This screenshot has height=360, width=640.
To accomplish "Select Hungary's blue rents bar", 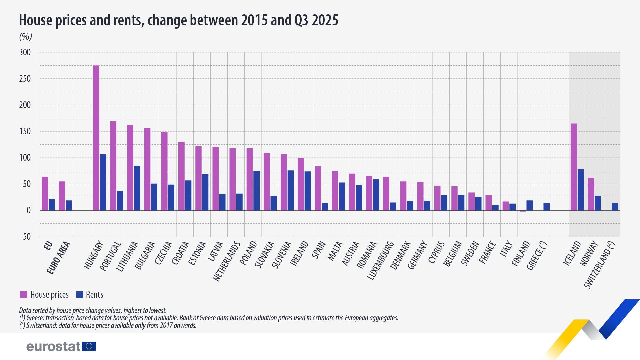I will [103, 182].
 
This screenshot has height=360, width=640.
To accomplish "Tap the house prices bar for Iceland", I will [574, 167].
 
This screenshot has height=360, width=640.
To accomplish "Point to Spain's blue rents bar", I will [325, 207].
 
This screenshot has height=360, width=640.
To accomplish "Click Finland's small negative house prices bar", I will [523, 211].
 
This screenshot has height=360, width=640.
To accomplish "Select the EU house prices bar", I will [45, 193].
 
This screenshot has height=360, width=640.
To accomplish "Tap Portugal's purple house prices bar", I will [113, 166].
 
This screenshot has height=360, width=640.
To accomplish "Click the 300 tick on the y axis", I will [25, 52].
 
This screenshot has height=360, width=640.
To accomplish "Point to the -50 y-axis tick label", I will [25, 237].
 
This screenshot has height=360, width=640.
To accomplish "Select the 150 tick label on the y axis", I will [25, 131].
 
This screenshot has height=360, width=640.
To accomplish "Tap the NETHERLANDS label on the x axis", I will [226, 262].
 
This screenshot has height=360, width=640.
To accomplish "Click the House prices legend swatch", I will [23, 294].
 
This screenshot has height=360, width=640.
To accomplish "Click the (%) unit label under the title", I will [25, 37].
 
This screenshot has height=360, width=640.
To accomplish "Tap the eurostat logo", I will [61, 346].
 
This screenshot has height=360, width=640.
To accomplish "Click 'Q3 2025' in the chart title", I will [316, 20].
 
